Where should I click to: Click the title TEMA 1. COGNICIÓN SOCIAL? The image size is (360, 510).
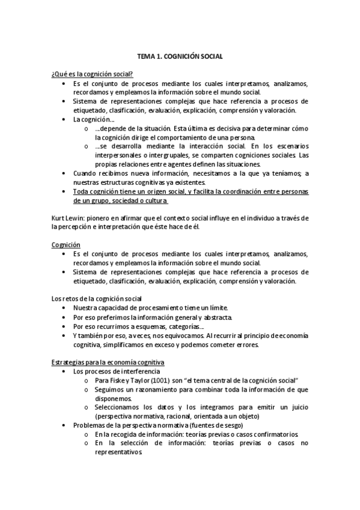[180, 56]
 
